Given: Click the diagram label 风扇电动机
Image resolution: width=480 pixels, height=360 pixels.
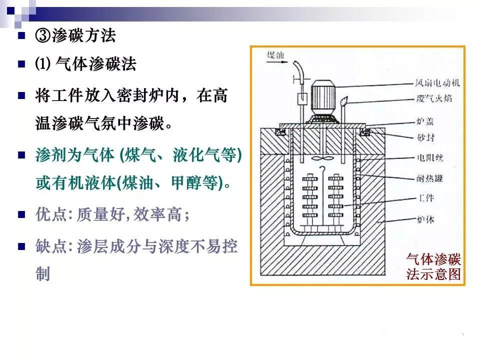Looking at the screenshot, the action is [x=437, y=82].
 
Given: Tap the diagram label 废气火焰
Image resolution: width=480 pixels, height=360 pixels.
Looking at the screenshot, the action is [x=434, y=98].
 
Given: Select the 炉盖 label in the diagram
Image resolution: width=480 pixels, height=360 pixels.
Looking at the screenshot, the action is [x=425, y=121].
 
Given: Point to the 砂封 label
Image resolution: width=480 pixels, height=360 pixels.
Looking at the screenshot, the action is [x=425, y=137].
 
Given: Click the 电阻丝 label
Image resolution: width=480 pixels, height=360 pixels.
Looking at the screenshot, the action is [x=430, y=157].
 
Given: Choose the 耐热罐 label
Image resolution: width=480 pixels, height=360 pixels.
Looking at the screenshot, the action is [x=430, y=178].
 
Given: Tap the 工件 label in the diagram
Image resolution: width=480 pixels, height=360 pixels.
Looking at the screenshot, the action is [x=426, y=198].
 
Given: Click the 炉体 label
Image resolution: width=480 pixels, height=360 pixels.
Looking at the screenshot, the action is [x=425, y=219].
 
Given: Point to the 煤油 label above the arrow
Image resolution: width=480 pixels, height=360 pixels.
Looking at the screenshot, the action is [x=275, y=55].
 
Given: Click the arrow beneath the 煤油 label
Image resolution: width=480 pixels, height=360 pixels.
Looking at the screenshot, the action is [x=277, y=62].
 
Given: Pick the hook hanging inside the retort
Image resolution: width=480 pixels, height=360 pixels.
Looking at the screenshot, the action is [x=322, y=169].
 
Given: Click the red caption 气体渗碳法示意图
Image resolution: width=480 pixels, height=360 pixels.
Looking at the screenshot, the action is [x=433, y=266].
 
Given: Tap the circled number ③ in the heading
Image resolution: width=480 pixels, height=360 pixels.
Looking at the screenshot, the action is [x=43, y=35].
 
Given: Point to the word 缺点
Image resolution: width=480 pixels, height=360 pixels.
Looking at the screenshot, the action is [x=51, y=246].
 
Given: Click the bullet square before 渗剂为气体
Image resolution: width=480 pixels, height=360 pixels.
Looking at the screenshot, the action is [x=21, y=155].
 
